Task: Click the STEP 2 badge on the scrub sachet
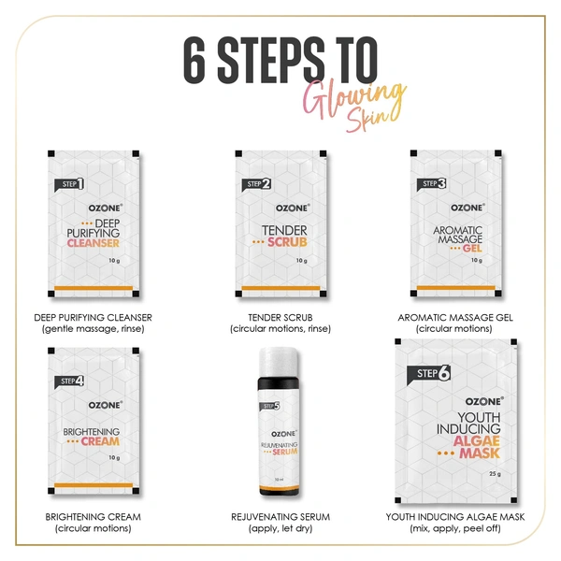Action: [x=258, y=184]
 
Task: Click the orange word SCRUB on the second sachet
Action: [x=286, y=242]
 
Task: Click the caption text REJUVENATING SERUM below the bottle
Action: [x=280, y=516]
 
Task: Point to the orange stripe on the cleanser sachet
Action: [x=93, y=287]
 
